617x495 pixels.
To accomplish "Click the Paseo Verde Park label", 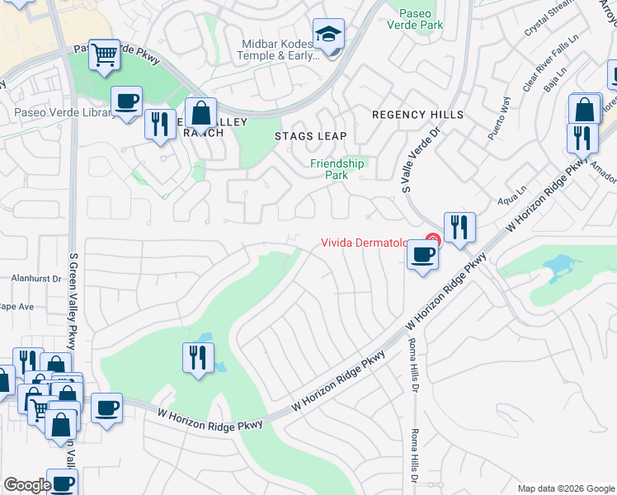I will click(x=421, y=19).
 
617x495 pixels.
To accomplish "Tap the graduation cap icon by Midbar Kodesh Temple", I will click(x=328, y=35).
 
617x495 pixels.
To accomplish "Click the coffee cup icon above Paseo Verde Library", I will click(x=126, y=101).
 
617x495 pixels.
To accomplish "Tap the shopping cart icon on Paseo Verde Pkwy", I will click(x=104, y=55).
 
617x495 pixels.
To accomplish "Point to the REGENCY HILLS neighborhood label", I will click(x=417, y=115).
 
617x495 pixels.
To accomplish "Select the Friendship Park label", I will click(x=337, y=169).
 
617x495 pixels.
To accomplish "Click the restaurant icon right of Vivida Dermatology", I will click(x=459, y=227).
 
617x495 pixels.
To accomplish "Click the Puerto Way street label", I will click(x=500, y=120).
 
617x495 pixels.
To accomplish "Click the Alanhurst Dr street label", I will click(x=37, y=279).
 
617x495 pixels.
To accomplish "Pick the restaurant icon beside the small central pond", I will click(x=197, y=357).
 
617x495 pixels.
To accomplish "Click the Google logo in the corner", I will click(x=27, y=485).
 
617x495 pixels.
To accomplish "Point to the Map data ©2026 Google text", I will click(x=564, y=488).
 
